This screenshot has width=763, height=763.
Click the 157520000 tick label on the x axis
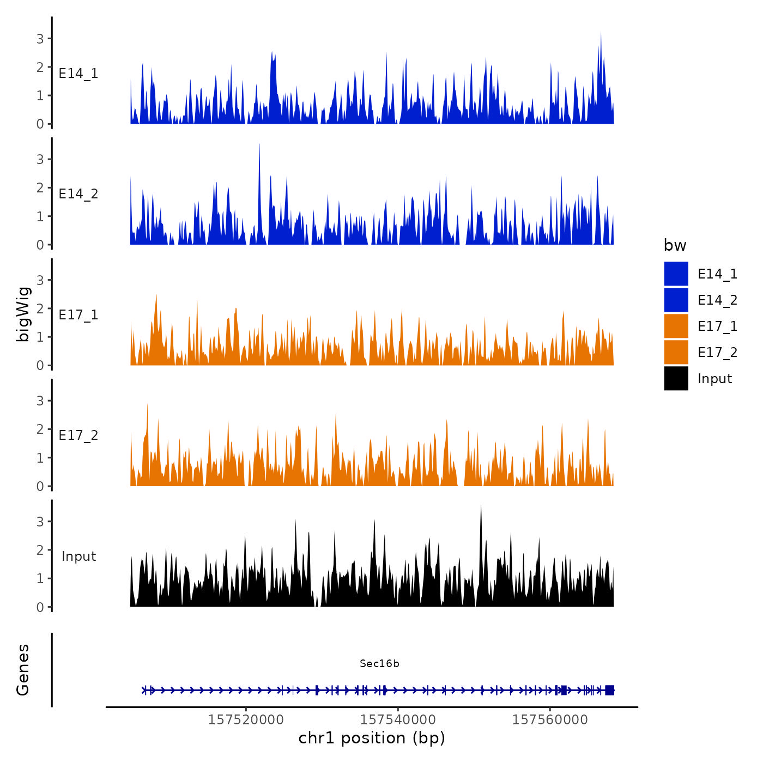pos(246,719)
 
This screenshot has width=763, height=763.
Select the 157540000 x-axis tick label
pos(398,719)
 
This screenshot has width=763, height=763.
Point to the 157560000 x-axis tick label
pos(550,719)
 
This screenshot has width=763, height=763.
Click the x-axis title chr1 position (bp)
pos(372,738)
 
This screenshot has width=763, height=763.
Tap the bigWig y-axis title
pos(23,314)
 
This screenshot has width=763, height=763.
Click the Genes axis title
pos(23,670)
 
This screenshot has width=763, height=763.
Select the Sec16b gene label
pos(379,664)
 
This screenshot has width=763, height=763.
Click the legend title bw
pos(675,245)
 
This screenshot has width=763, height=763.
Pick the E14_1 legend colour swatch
pos(676,274)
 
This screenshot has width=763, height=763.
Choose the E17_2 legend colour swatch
pos(676,352)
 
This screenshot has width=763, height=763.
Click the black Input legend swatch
pos(676,378)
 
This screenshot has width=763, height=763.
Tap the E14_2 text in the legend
pos(717,300)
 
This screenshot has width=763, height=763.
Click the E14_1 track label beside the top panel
pos(78,74)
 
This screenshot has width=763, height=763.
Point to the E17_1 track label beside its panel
pos(78,315)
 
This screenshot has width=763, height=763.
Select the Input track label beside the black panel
pos(78,556)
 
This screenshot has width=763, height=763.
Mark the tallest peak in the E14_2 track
pos(259,145)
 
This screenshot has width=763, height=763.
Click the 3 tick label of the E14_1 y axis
pos(40,39)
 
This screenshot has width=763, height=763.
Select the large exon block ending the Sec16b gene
pos(609,690)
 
